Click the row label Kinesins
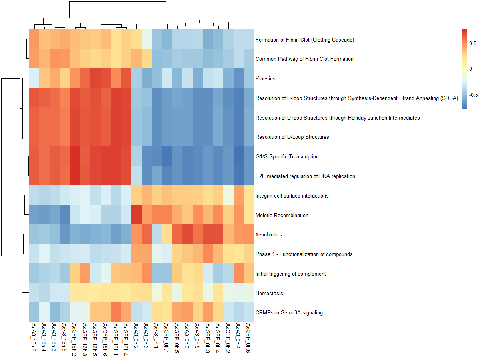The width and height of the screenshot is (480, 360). pyautogui.click(x=265, y=79)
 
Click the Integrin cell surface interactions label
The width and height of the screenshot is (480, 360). pyautogui.click(x=292, y=196)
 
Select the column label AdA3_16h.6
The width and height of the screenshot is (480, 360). pyautogui.click(x=34, y=338)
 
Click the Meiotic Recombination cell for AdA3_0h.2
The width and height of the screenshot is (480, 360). pyautogui.click(x=136, y=215)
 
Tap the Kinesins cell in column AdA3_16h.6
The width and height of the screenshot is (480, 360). pyautogui.click(x=34, y=78)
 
